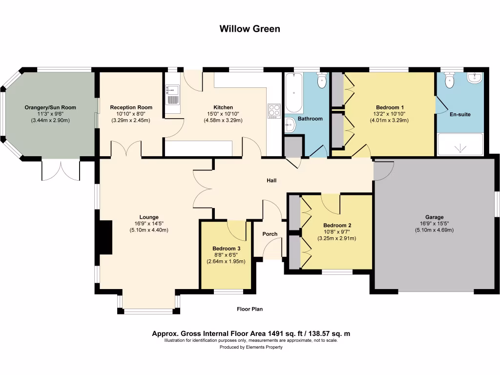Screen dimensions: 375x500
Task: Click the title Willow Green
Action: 250,29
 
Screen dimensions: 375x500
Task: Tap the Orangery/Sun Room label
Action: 51,107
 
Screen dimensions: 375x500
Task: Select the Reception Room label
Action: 131,107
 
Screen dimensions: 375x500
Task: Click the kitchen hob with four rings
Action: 273,111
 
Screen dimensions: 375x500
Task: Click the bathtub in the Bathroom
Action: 293,92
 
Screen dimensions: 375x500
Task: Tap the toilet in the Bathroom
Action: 321,81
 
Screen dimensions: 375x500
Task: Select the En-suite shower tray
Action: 459,145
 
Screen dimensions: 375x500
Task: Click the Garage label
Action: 434,217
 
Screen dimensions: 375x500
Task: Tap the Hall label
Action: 271,181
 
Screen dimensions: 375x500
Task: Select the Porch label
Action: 270,234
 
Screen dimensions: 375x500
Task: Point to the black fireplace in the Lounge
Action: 104,237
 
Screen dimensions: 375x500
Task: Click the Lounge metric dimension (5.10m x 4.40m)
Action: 149,230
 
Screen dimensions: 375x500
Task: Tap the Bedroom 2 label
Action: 337,225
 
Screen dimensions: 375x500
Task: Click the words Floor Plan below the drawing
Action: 250,309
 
